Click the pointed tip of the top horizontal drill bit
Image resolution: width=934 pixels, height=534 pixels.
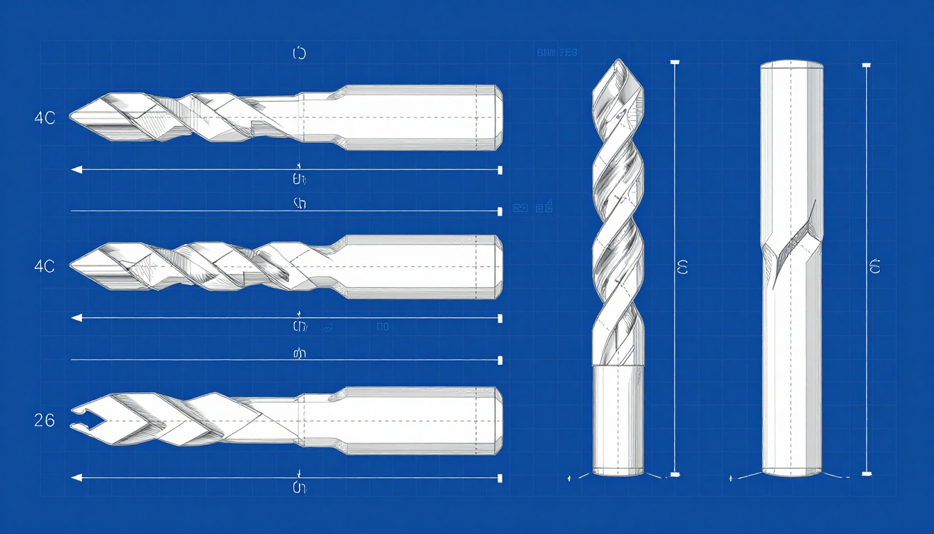[x=72, y=118]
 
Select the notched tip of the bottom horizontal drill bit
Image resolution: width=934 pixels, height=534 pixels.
[x=76, y=420]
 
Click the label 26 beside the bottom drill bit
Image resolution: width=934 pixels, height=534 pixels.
[x=44, y=420]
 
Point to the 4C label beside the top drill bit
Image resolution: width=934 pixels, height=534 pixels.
[x=44, y=118]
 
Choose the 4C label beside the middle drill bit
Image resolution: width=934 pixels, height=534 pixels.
[x=44, y=265]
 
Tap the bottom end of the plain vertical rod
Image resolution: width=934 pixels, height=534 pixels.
[x=792, y=471]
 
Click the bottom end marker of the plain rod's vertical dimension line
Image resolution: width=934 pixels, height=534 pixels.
[x=866, y=474]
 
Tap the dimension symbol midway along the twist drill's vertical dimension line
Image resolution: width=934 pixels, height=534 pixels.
[x=682, y=267]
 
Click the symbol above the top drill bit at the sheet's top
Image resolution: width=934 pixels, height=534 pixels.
[x=300, y=54]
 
